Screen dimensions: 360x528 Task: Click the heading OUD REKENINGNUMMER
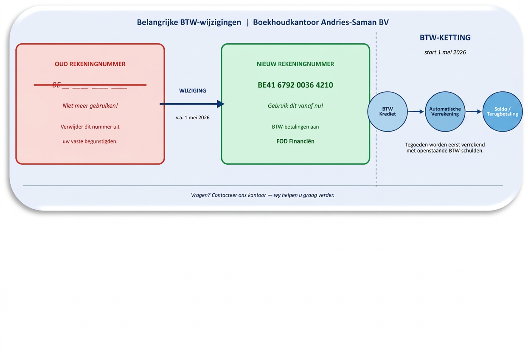[90, 64]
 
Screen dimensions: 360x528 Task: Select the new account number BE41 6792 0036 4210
[295, 85]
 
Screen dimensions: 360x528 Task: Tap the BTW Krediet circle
[388, 112]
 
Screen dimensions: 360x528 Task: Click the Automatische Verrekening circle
[445, 112]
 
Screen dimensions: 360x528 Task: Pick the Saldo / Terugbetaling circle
[503, 112]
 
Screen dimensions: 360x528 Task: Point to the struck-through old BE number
[90, 85]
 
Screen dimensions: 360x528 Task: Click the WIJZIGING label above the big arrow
[193, 90]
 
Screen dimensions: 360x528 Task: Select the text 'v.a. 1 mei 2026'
[193, 118]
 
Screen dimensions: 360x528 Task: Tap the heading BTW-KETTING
[445, 37]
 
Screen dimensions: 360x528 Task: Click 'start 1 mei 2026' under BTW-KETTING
[445, 53]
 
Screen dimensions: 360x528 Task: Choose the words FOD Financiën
[295, 141]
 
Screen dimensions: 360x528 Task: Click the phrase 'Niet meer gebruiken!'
[90, 106]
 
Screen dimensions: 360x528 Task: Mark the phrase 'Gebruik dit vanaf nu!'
[295, 106]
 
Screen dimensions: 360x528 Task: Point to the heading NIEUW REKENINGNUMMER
[295, 64]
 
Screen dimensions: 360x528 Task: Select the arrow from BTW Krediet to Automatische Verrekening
[416, 112]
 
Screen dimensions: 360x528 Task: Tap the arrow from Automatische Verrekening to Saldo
[474, 112]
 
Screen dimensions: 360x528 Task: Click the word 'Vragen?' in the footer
[200, 195]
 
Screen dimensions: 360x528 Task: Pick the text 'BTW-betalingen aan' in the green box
[295, 127]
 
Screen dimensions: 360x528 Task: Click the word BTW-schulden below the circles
[466, 151]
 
